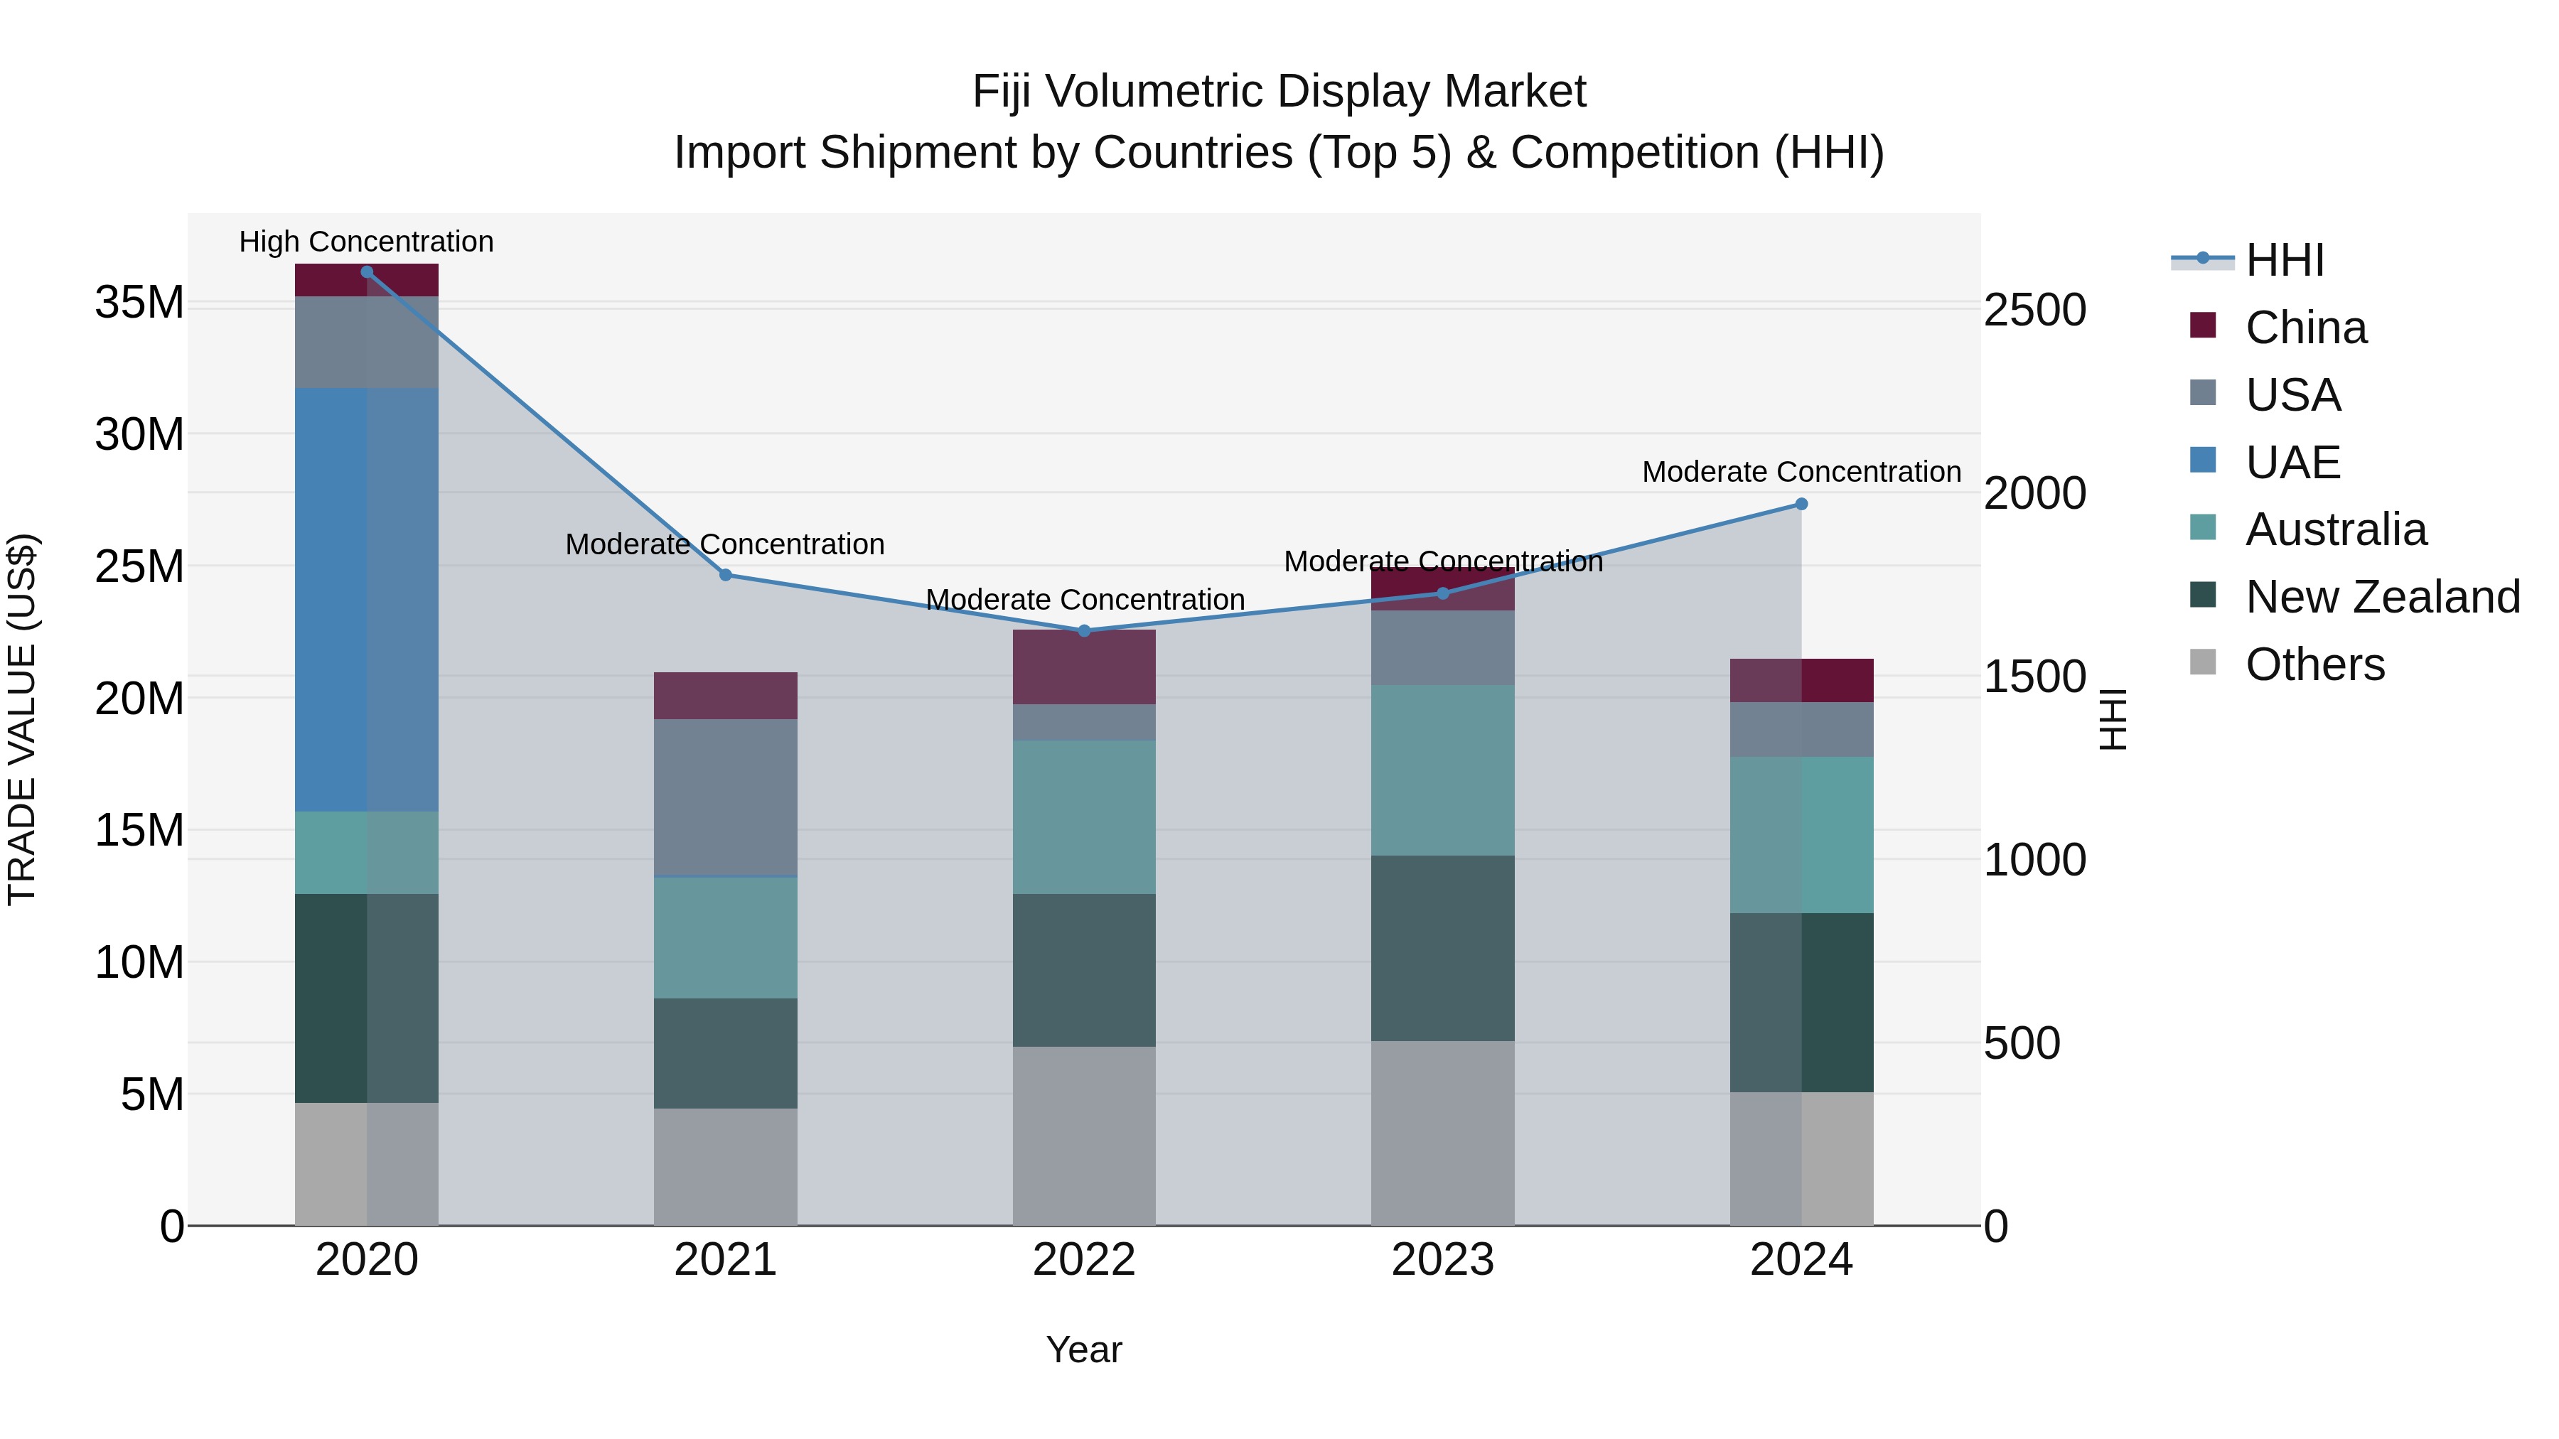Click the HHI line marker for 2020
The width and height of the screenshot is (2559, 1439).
click(x=367, y=272)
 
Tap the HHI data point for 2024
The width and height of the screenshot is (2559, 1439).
click(x=1801, y=505)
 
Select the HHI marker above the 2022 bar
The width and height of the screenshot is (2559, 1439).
click(x=1084, y=630)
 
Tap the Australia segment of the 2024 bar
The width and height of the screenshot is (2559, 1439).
click(x=1801, y=835)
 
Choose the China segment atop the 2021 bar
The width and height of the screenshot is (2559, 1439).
click(x=725, y=695)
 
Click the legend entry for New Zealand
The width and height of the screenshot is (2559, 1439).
click(x=2382, y=597)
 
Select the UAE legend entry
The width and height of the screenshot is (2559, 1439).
click(x=2292, y=462)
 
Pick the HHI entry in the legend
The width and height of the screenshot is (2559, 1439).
click(x=2285, y=260)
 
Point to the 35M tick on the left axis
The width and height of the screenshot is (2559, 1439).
click(x=139, y=302)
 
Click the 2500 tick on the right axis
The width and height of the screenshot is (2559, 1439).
click(x=2034, y=310)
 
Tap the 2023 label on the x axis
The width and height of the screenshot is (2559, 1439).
click(x=1442, y=1260)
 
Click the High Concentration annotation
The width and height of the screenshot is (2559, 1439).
click(x=367, y=242)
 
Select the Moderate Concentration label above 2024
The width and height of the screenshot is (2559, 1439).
click(x=1801, y=472)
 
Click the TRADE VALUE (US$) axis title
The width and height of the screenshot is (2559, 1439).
click(x=22, y=719)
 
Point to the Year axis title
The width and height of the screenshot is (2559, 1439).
click(x=1084, y=1349)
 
